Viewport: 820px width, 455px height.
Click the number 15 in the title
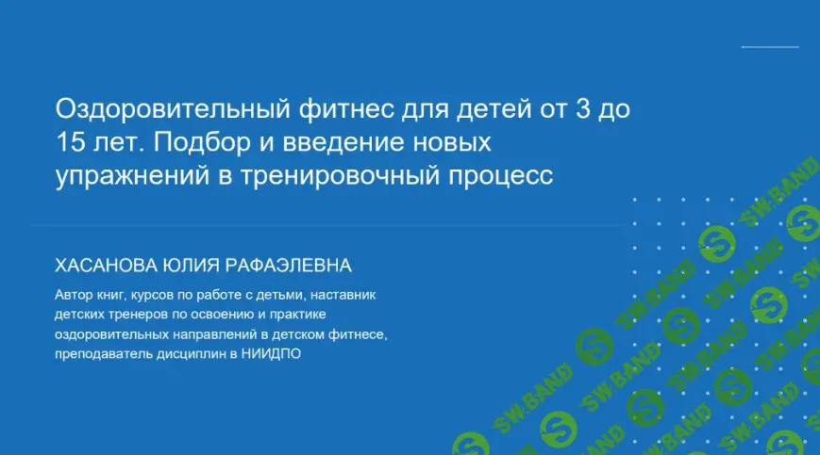(x=69, y=144)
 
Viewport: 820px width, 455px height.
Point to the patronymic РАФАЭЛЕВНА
(x=298, y=265)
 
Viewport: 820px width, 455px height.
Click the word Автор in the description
(x=74, y=295)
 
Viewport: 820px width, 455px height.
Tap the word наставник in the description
(x=345, y=295)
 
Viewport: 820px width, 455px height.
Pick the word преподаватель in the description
(x=102, y=354)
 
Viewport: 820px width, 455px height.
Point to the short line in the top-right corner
(x=769, y=46)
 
